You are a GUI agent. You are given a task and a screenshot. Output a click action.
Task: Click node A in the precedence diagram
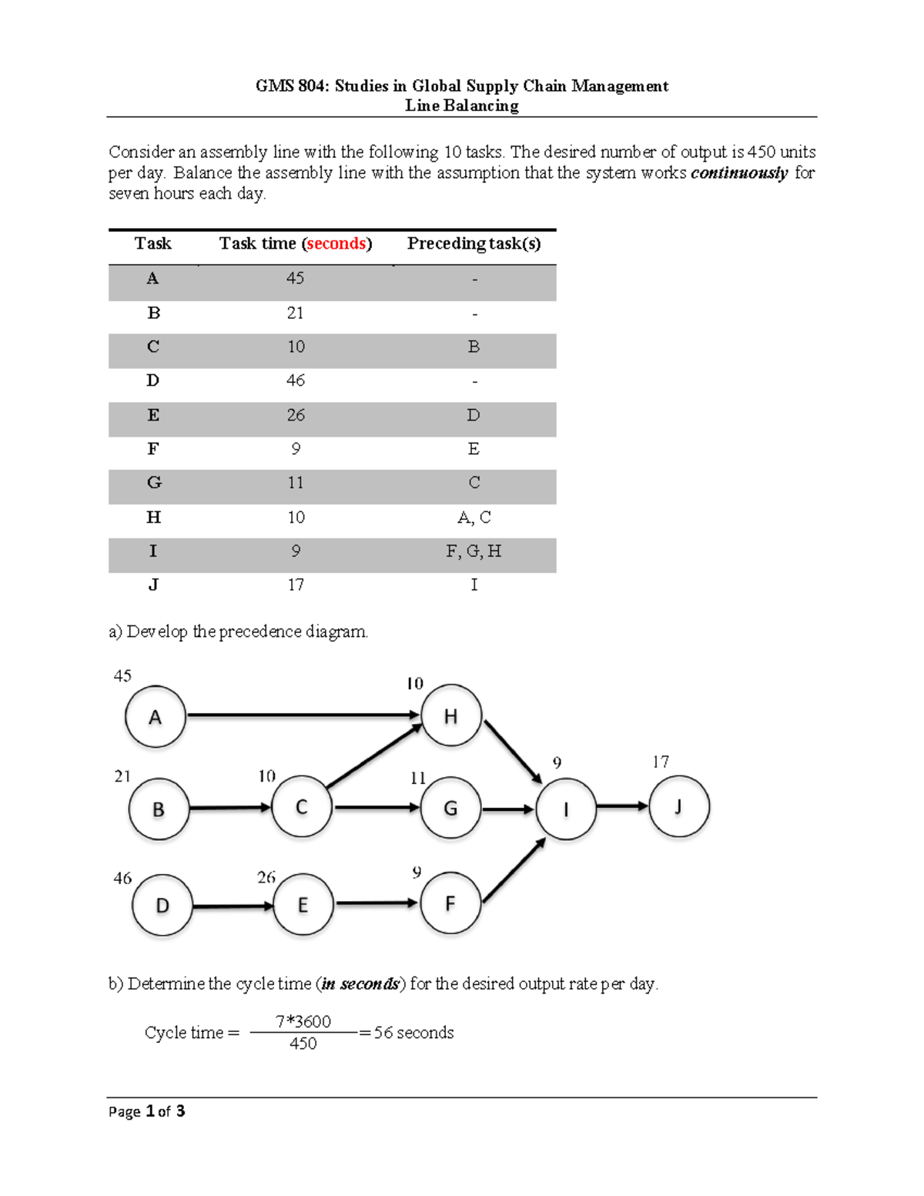[x=156, y=716]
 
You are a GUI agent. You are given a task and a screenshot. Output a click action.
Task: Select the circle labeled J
[x=679, y=806]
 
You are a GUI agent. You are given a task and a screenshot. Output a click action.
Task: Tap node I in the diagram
[x=566, y=809]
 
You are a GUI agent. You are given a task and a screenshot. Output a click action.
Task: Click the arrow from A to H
[x=303, y=715]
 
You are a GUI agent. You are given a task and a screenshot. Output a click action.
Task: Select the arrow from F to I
[x=514, y=870]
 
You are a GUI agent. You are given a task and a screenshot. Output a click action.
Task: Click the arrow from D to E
[x=233, y=906]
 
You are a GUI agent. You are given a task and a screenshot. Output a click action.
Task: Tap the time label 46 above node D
[x=122, y=878]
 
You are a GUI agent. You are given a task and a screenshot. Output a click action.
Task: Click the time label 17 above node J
[x=661, y=762]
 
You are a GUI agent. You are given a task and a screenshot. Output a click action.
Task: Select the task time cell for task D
[x=296, y=380]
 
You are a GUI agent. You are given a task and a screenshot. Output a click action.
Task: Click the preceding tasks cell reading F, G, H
[x=474, y=551]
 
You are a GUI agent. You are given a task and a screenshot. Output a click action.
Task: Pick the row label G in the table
[x=153, y=483]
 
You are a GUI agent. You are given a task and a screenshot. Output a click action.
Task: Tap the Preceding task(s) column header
[x=474, y=243]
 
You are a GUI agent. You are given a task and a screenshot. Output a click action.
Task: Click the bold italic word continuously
[x=739, y=173]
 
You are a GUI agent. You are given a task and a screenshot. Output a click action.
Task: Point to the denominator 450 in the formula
[x=303, y=1043]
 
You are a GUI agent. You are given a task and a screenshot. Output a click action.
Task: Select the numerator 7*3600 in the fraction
[x=303, y=1021]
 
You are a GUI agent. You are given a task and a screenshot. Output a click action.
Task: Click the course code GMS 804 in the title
[x=291, y=85]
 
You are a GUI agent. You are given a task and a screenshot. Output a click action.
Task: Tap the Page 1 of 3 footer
[x=147, y=1112]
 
